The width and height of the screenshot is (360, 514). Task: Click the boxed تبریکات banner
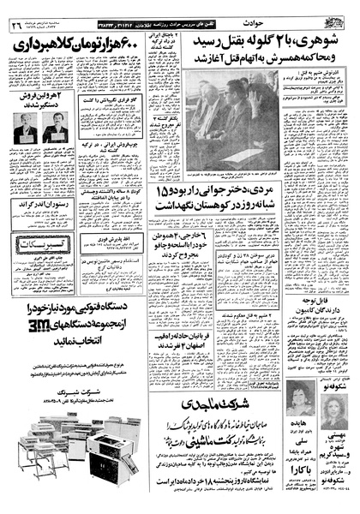point(41,242)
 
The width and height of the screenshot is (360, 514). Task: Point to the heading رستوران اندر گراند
point(41,206)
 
